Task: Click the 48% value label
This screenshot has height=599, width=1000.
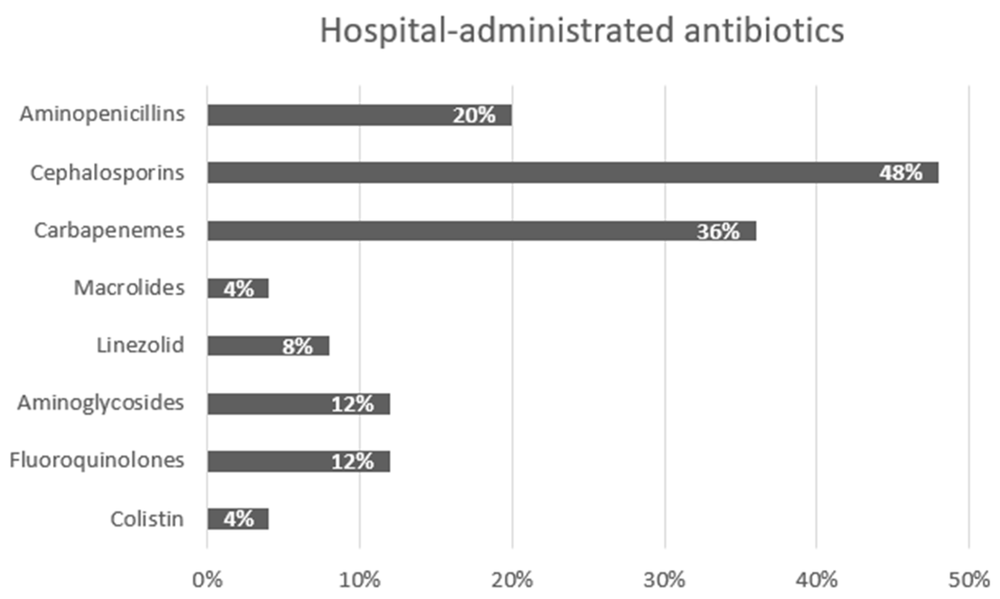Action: point(901,173)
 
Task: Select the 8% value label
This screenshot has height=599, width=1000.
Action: point(297,346)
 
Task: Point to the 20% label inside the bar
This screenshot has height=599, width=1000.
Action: point(473,116)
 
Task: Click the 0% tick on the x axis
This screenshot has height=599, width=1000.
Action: point(207,580)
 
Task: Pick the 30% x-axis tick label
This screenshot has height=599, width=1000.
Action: point(665,580)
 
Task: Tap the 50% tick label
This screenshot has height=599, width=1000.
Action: point(969,580)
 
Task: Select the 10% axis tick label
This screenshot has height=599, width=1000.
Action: point(359,580)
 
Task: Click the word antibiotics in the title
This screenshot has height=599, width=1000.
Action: point(764,31)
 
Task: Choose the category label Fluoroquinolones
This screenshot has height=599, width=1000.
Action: point(97,461)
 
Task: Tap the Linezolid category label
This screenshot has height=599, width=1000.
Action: point(140,346)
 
